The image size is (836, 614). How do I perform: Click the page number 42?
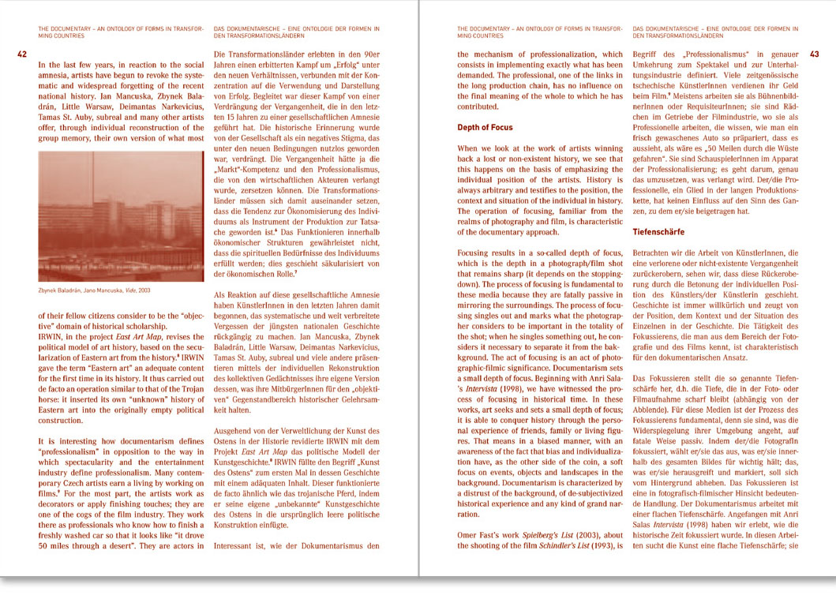pos(22,54)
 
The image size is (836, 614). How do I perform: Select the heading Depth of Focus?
pos(485,127)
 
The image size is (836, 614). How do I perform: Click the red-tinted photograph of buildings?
pos(120,217)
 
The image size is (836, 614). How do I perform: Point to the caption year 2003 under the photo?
pos(143,291)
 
